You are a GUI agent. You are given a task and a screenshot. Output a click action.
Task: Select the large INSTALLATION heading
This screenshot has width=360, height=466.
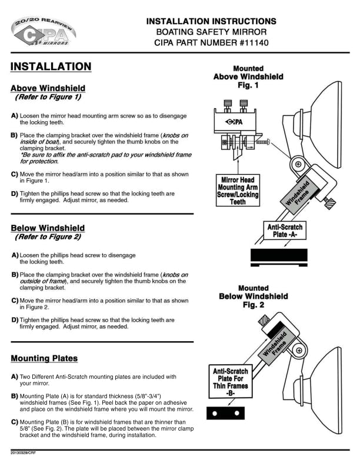[51, 66]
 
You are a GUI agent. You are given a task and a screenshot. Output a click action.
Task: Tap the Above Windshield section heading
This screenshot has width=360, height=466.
[47, 88]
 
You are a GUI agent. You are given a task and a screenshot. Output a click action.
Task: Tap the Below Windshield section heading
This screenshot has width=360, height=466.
[48, 228]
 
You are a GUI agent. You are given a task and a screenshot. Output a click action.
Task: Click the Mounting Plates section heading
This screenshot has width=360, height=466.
[44, 358]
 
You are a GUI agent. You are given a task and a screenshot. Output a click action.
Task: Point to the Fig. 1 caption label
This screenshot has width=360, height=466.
[248, 85]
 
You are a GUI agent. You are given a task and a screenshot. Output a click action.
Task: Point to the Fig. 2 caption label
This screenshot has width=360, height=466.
[254, 305]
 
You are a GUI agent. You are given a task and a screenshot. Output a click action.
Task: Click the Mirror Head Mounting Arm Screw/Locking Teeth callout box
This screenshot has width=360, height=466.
[238, 190]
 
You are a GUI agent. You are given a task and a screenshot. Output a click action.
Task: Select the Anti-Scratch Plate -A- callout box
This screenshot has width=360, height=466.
[285, 229]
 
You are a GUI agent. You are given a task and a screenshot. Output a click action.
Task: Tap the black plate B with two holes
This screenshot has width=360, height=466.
[225, 414]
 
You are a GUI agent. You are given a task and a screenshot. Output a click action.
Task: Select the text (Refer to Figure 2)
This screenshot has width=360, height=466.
[47, 238]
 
